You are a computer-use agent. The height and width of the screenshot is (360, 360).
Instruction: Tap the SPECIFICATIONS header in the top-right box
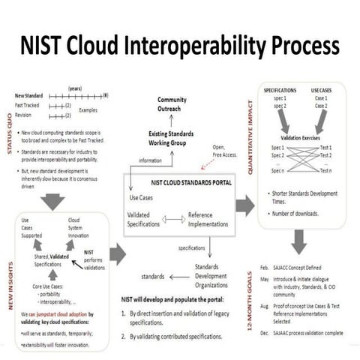click(x=281, y=90)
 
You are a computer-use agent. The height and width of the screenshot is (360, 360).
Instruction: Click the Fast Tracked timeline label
click(x=26, y=106)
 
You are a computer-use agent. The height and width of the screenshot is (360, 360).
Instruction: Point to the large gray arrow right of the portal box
click(x=244, y=206)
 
